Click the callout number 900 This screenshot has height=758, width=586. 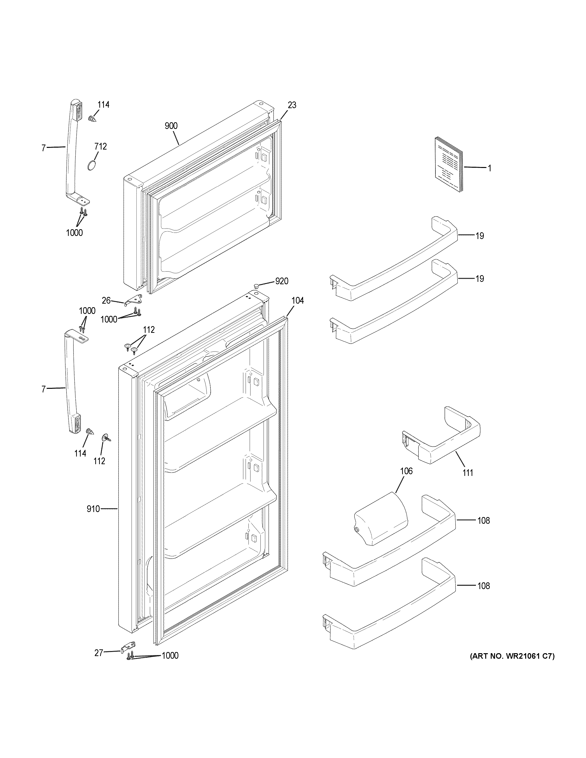pyautogui.click(x=171, y=126)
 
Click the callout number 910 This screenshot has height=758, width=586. pyautogui.click(x=93, y=509)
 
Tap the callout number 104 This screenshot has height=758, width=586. pyautogui.click(x=297, y=301)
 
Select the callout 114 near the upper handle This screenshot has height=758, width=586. pyautogui.click(x=103, y=105)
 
